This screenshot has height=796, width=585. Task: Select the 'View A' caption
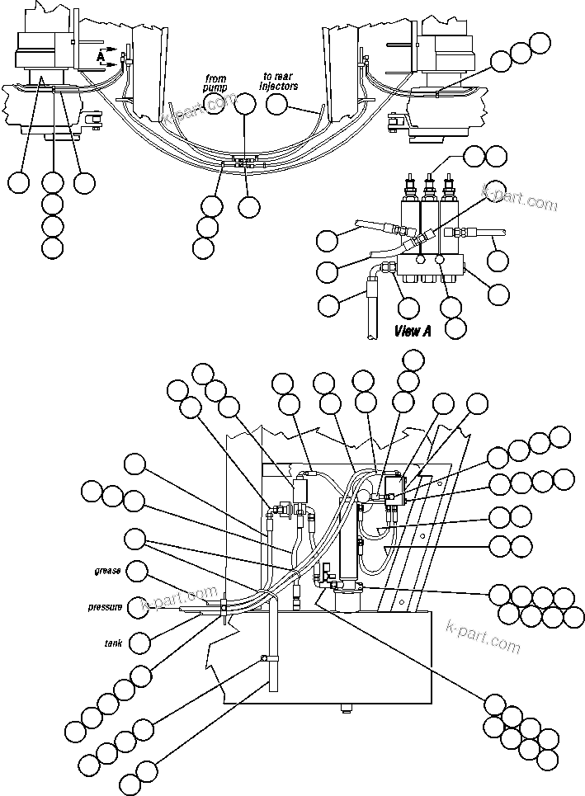[413, 331]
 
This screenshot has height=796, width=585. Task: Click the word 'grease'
[107, 570]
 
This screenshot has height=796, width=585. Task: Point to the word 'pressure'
[106, 607]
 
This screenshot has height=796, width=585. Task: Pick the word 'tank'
[113, 642]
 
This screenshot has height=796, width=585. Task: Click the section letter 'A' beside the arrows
[101, 57]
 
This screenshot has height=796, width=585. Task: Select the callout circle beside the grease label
[138, 570]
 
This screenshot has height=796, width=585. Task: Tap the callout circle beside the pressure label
[138, 607]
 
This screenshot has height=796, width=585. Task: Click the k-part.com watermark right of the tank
[483, 636]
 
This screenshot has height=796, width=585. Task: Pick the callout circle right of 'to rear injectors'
[277, 103]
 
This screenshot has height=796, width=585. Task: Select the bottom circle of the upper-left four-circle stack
[52, 247]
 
